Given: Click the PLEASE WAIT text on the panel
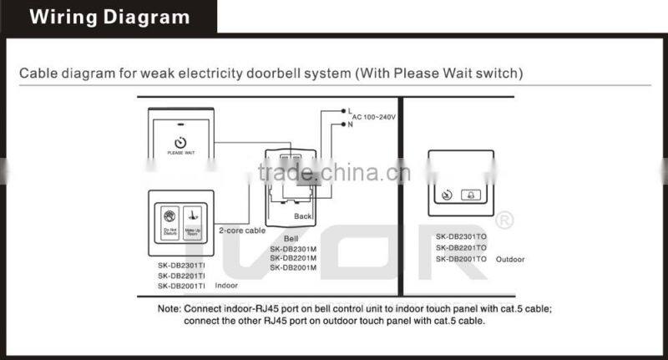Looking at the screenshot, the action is pos(181,153).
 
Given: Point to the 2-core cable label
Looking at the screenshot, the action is pos(241,230).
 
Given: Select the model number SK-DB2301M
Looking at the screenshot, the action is pos(292,248).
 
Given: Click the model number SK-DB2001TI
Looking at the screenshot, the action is pos(181,286).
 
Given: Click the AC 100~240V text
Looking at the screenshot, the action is pos(373,117).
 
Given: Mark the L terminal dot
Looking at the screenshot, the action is pos(342,110).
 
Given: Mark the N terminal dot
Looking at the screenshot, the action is pos(342,125).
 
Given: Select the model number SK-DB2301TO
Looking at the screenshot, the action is pos(460,236).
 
